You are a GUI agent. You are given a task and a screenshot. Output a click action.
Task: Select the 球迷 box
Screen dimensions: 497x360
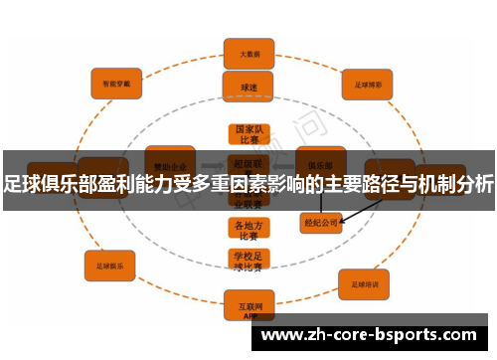tap(248, 86)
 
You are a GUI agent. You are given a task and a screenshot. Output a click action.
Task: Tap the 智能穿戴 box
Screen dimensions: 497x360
tap(116, 84)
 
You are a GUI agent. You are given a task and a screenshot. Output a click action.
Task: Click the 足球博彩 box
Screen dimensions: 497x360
tap(369, 85)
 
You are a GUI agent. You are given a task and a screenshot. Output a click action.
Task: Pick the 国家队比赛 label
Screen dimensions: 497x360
tap(248, 134)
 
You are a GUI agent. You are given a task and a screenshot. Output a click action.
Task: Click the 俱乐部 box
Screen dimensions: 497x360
tap(320, 158)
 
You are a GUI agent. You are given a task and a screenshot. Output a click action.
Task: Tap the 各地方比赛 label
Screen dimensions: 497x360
tap(248, 230)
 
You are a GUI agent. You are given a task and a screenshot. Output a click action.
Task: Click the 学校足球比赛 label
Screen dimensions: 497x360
tap(248, 262)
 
